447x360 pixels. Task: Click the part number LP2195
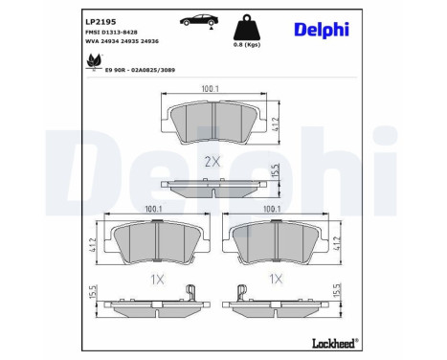[x=101, y=22]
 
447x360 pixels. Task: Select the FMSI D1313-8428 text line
[x=111, y=33]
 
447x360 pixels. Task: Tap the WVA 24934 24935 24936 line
[x=122, y=41]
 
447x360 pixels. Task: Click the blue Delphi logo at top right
[x=322, y=30]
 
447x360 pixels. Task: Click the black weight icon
[x=247, y=27]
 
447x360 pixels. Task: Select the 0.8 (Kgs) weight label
[x=247, y=45]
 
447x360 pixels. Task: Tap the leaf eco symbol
[x=95, y=62]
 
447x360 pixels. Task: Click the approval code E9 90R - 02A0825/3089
[x=140, y=70]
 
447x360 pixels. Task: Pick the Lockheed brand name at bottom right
[x=335, y=343]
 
